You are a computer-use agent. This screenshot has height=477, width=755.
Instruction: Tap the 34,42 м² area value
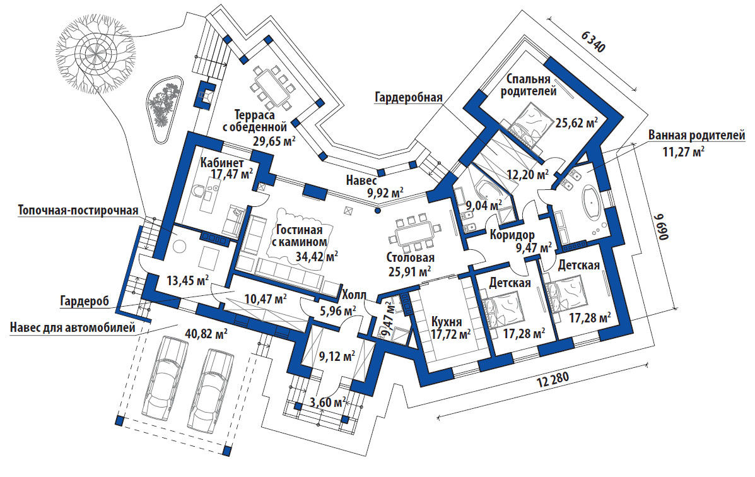pyautogui.click(x=317, y=256)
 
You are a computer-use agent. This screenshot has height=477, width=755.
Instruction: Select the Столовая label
pyautogui.click(x=410, y=258)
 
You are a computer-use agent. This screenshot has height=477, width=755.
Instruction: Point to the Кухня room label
pyautogui.click(x=447, y=321)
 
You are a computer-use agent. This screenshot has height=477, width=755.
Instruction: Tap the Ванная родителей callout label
pyautogui.click(x=697, y=136)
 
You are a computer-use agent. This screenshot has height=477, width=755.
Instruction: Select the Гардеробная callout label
pyautogui.click(x=408, y=97)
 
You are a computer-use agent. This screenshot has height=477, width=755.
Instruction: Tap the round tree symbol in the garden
pyautogui.click(x=99, y=56)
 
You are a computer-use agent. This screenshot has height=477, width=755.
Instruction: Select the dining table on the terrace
pyautogui.click(x=272, y=88)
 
